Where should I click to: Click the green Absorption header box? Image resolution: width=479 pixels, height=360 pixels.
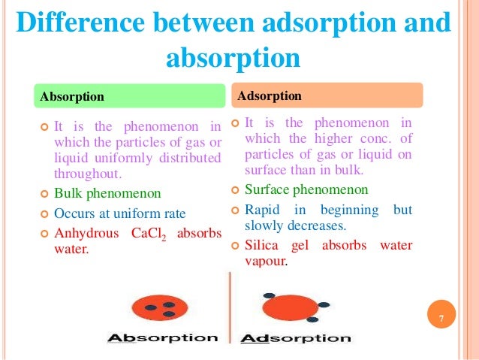pyautogui.click(x=131, y=96)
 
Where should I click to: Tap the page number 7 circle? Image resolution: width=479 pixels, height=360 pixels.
pyautogui.click(x=441, y=321)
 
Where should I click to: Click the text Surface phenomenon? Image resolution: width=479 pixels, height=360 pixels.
pyautogui.click(x=306, y=189)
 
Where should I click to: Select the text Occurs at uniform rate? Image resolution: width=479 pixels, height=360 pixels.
pyautogui.click(x=120, y=213)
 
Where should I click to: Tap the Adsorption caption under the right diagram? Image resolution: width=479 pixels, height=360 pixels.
pyautogui.click(x=296, y=338)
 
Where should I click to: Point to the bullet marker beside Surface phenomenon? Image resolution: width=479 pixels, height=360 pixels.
pyautogui.click(x=235, y=189)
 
